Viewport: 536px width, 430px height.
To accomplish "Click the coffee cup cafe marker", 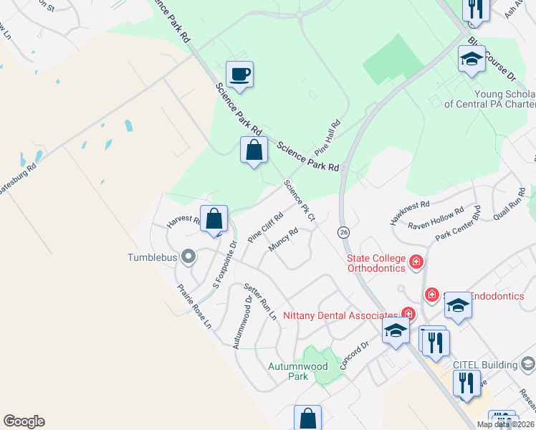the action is (239, 74).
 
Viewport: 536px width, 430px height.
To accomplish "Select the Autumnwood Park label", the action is (297, 371).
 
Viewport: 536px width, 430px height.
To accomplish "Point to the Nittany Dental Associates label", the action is (340, 315).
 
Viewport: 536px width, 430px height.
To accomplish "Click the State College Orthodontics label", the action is (376, 263).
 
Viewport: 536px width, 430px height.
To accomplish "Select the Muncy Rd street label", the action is (283, 239).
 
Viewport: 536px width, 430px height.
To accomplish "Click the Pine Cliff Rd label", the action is (266, 226).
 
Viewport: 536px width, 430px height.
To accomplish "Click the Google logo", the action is (24, 421).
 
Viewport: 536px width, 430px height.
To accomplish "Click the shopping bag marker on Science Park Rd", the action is (254, 150).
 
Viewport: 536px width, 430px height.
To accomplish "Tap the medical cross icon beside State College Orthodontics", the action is (416, 263).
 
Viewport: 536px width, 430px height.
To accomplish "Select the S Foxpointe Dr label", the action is (224, 265).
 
